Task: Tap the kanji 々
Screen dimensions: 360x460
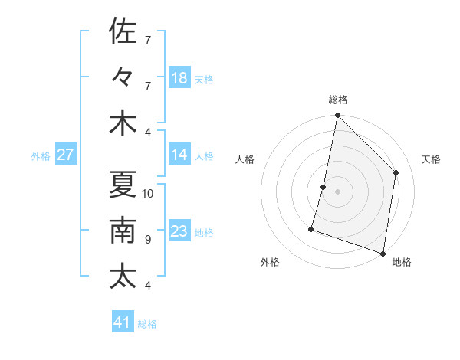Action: (x=123, y=77)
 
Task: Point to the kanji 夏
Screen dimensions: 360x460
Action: (x=123, y=184)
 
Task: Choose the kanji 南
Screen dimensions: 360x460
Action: (x=123, y=230)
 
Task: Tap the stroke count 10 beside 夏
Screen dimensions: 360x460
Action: (x=149, y=193)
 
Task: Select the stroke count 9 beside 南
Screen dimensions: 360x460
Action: (x=147, y=240)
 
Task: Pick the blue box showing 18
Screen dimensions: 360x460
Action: (x=179, y=78)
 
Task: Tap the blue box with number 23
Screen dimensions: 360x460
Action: (x=179, y=232)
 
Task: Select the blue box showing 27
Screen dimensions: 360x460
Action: (x=65, y=155)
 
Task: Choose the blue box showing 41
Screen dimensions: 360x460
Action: (x=123, y=322)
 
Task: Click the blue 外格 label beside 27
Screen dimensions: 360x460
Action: (x=41, y=156)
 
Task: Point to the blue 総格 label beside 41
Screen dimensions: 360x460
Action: (x=147, y=324)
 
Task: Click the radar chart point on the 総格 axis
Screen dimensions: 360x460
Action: (x=337, y=116)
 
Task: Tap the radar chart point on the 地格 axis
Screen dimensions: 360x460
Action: (x=383, y=253)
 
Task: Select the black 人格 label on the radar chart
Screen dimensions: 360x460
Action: (x=245, y=160)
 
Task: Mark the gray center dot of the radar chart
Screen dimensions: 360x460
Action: (x=337, y=191)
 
